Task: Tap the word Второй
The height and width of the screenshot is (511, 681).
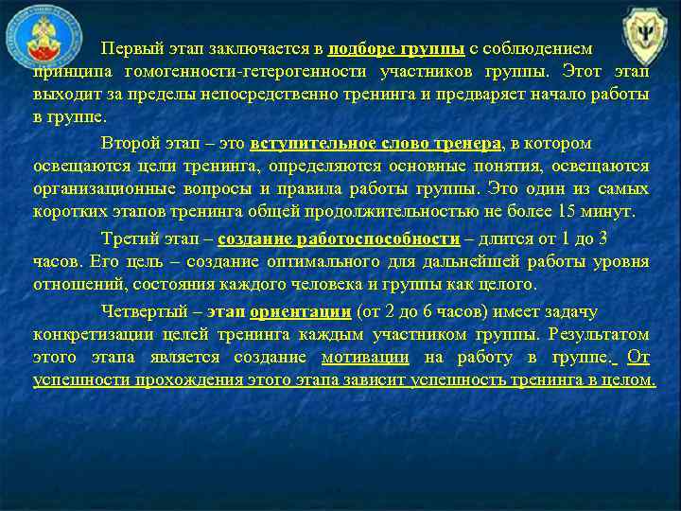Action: point(131,144)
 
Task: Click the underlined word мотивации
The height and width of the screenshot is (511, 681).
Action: point(365,358)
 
